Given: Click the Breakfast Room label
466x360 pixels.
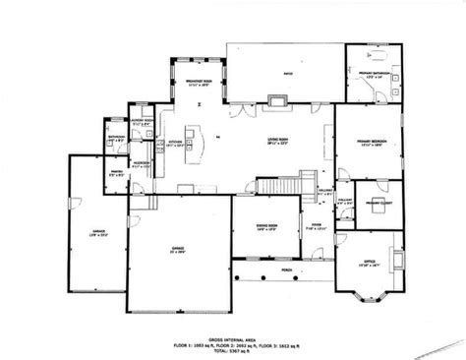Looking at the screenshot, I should pyautogui.click(x=200, y=82).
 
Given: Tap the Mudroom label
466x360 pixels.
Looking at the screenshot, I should pyautogui.click(x=141, y=162).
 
